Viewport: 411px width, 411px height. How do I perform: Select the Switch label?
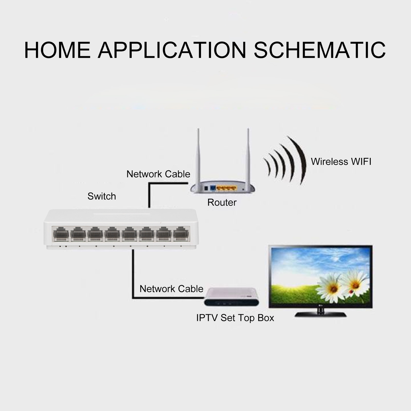(x=102, y=196)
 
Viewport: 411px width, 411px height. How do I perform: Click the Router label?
(x=222, y=203)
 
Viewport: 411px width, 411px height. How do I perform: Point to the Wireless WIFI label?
(x=341, y=162)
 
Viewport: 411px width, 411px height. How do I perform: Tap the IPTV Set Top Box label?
(x=235, y=318)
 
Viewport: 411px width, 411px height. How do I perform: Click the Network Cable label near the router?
(x=158, y=174)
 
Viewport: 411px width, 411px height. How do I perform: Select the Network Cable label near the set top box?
(x=171, y=289)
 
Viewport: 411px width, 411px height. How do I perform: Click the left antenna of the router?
(x=198, y=157)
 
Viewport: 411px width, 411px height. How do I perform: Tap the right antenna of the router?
(x=248, y=157)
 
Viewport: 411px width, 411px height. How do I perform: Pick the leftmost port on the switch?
(x=61, y=234)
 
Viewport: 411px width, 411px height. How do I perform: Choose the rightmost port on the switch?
(x=181, y=234)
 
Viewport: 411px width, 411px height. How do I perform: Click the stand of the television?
(x=320, y=313)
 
